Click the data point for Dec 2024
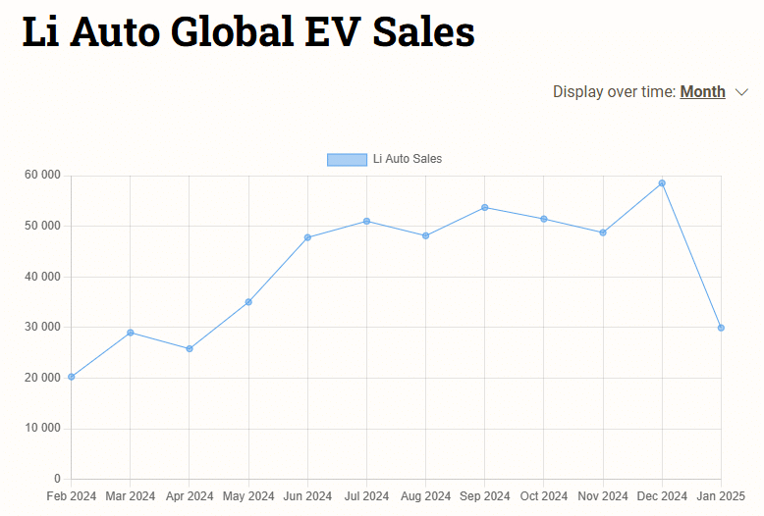[662, 183]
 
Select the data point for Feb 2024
[72, 377]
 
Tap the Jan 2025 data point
[721, 328]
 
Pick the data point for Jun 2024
[307, 237]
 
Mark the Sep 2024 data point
[485, 207]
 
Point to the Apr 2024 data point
[190, 348]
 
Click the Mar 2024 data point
[131, 333]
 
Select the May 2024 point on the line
[248, 302]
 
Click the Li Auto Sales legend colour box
[347, 159]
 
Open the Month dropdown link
[702, 92]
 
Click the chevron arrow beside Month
[741, 92]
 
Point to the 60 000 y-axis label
[42, 176]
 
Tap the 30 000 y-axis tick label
[42, 327]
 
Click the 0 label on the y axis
[57, 479]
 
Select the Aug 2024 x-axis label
[425, 496]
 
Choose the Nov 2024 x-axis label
[602, 496]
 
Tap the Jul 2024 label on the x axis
[366, 496]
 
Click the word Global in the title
[231, 32]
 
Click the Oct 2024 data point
[544, 219]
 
